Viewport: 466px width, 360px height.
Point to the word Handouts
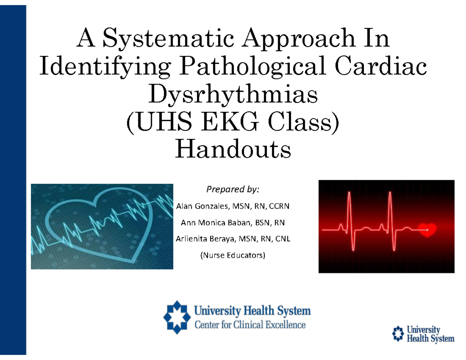tap(233, 150)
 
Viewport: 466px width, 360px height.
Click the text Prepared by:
tap(233, 190)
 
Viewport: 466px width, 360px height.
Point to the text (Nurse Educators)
tap(233, 256)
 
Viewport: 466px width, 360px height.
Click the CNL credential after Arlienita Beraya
tap(283, 240)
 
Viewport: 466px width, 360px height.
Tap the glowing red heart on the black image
tap(427, 230)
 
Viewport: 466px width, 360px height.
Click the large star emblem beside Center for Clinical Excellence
tap(176, 317)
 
